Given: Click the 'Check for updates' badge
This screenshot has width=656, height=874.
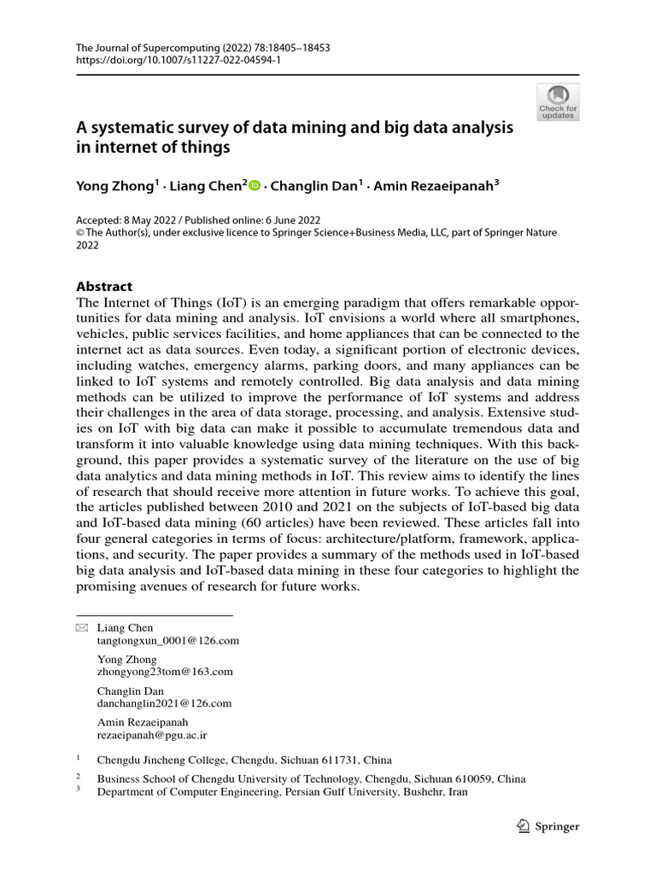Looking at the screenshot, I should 557,101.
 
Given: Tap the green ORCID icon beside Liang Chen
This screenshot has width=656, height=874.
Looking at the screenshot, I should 255,185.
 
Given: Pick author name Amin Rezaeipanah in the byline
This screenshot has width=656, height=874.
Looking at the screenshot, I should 436,185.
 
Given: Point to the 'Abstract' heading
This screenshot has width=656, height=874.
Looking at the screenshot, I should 104,287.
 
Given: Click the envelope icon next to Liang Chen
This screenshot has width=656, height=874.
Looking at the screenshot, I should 82,628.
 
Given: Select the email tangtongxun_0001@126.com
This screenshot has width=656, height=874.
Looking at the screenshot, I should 167,640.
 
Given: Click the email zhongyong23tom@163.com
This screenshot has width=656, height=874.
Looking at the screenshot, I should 166,672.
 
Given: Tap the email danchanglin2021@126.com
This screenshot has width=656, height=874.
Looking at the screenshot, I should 165,703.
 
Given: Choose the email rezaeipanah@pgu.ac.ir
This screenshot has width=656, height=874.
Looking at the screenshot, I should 153,735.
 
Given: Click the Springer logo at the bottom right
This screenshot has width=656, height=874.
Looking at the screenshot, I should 549,826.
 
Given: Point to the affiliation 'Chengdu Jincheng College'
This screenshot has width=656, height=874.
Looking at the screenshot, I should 161,760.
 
